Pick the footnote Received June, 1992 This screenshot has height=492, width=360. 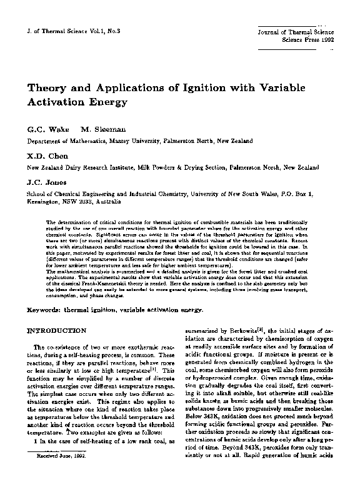pos(61,475)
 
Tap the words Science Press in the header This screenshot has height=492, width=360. pos(293,37)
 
